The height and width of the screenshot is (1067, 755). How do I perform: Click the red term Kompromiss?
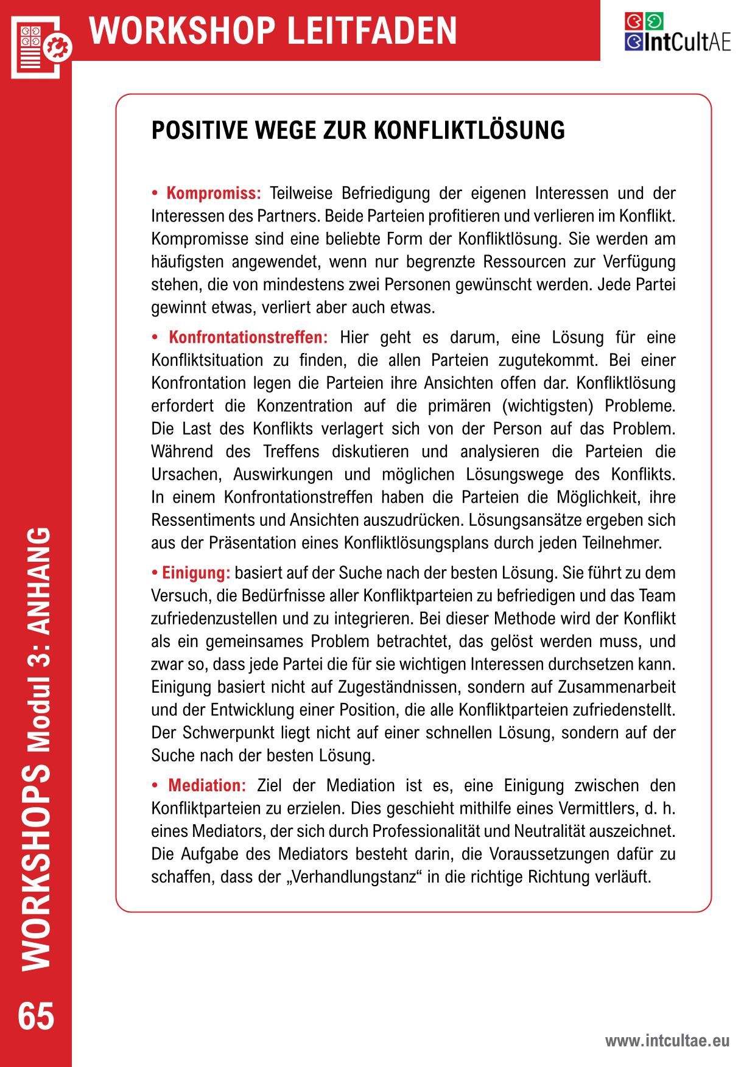[213, 194]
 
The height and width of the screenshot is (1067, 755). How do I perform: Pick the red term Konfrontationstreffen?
[248, 337]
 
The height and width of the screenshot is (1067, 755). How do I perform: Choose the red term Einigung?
[195, 573]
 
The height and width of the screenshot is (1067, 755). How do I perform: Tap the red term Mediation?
[207, 785]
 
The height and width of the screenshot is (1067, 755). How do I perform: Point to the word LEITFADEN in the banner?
[371, 30]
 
